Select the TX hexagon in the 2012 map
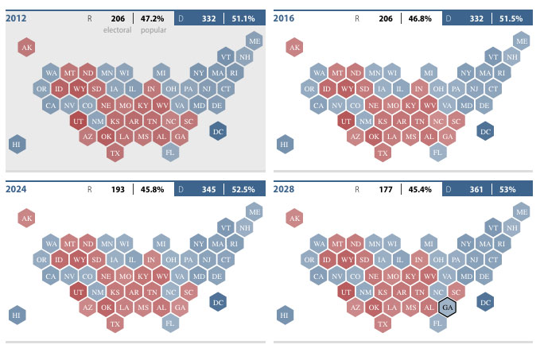point(115,153)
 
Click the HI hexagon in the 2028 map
point(284,315)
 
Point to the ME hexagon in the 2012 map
point(254,41)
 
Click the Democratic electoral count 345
point(208,189)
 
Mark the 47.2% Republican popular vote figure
point(153,17)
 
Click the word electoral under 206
point(117,30)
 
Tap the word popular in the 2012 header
point(153,30)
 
